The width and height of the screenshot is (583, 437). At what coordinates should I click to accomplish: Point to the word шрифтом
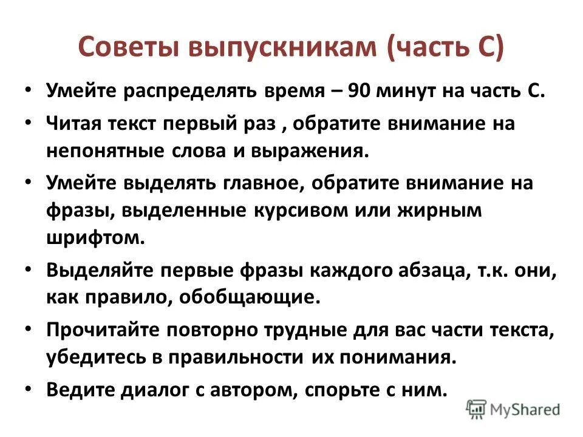coord(94,237)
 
